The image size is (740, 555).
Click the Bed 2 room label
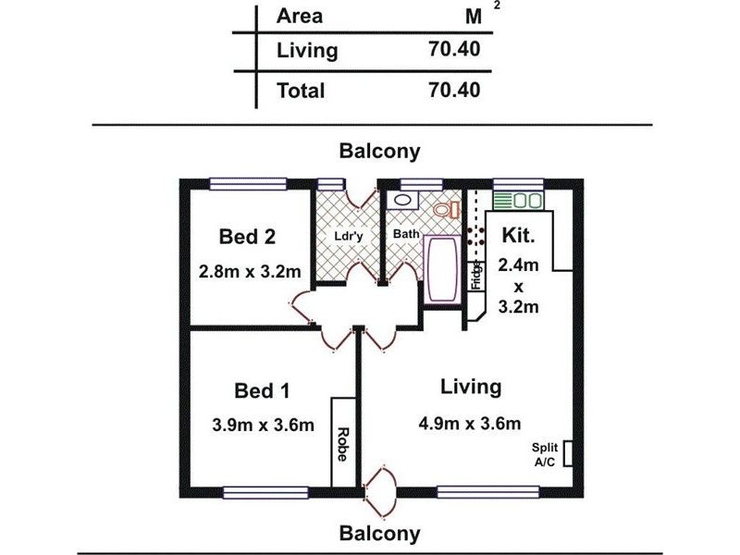tap(247, 237)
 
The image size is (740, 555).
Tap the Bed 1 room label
tap(262, 390)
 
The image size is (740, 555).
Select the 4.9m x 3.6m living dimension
tap(470, 423)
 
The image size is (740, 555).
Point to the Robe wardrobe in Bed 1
tap(343, 443)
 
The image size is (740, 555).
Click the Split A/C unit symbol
tap(568, 453)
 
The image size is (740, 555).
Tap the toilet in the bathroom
tap(447, 209)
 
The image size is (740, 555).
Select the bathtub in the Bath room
tap(442, 270)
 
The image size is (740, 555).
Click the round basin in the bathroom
tap(402, 200)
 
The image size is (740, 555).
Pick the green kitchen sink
tap(519, 201)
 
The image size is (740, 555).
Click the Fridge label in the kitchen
tap(476, 276)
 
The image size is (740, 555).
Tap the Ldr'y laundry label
tap(349, 236)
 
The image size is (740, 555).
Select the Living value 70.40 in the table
tap(454, 49)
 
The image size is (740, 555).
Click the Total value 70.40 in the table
tap(454, 90)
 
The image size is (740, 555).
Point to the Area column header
tap(300, 16)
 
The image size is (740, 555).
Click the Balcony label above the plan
tap(379, 152)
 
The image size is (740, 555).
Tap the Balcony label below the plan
tap(379, 534)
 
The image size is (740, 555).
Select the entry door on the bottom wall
tap(380, 491)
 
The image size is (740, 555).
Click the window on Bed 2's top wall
tap(248, 184)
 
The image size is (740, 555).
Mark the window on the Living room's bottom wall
tap(488, 493)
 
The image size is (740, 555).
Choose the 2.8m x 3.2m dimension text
tap(250, 271)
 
